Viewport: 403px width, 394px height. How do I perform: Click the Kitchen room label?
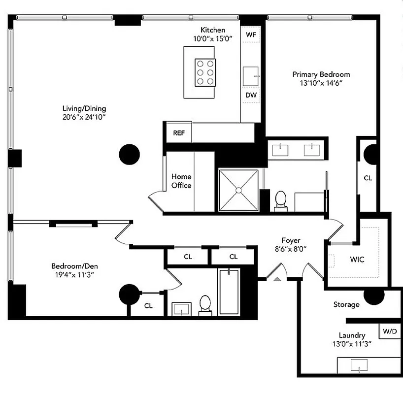[213, 30]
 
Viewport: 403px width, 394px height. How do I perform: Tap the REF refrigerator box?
[178, 133]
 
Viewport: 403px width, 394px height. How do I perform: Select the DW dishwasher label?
[251, 95]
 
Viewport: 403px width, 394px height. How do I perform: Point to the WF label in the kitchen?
[251, 35]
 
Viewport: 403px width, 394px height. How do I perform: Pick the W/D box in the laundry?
[389, 331]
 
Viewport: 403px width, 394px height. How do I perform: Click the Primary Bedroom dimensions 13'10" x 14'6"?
[321, 83]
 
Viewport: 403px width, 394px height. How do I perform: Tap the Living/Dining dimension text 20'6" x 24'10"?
[84, 117]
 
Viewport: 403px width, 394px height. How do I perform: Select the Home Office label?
[181, 181]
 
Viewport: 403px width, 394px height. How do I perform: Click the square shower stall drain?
[238, 189]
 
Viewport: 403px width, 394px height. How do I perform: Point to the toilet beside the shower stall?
[281, 201]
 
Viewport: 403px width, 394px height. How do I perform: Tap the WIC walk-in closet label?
[357, 260]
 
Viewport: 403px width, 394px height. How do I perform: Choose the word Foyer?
[291, 240]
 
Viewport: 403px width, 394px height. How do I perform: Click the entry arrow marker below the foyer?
[277, 279]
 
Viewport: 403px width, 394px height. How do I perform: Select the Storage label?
[346, 305]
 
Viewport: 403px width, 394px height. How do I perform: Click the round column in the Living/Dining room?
[130, 154]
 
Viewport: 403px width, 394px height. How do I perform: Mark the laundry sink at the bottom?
[360, 365]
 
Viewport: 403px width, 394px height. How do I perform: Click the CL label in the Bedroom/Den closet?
[148, 306]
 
